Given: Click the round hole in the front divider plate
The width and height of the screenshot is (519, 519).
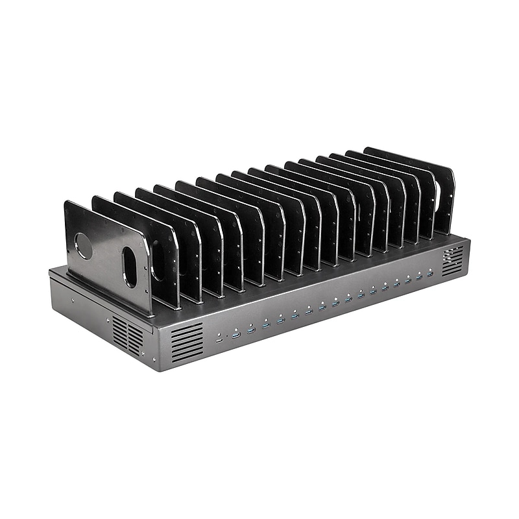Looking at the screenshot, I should [84, 246].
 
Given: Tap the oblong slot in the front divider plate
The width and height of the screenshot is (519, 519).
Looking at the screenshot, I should [130, 266].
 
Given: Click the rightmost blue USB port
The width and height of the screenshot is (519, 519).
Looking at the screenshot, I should [429, 275].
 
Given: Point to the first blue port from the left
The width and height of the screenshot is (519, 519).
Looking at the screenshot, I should [235, 334].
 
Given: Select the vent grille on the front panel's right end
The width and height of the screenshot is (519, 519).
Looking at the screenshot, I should [453, 261].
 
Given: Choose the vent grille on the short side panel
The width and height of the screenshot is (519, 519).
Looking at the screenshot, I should [127, 336].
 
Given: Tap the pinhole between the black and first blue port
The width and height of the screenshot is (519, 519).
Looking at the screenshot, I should [227, 337].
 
